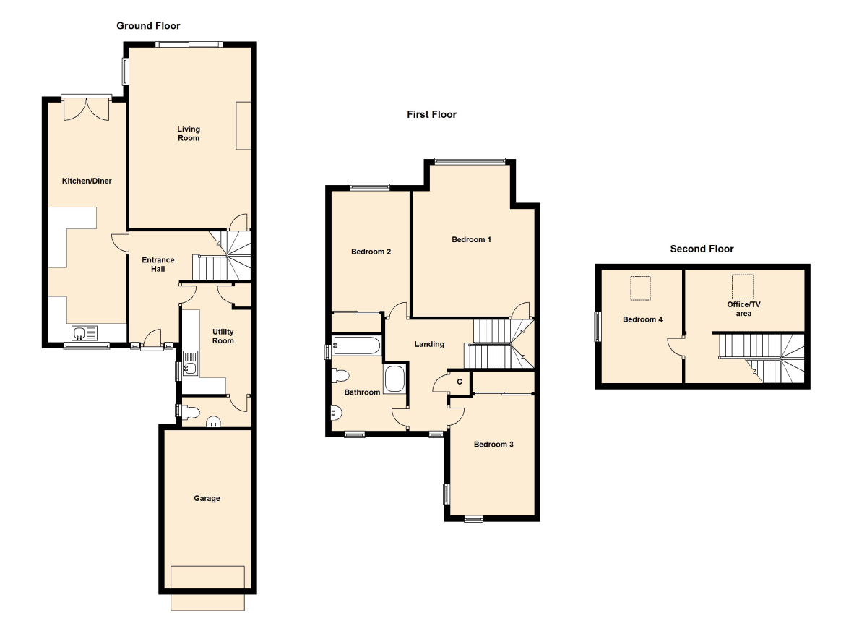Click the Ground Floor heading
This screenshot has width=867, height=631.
148,26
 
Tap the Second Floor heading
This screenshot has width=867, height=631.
702,249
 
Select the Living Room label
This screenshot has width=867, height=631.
189,134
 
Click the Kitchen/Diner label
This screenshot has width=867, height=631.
87,181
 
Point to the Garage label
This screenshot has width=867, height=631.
207,498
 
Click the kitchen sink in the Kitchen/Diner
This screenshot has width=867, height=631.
85,333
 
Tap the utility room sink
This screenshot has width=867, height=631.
190,363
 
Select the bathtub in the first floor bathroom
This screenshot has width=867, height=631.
356,345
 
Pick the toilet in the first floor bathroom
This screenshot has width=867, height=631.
340,376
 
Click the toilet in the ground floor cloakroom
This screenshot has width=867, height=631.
190,412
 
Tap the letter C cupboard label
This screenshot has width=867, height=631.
460,382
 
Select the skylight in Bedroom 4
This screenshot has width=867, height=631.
641,288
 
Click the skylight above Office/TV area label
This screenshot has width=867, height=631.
743,286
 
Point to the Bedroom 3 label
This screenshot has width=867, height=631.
493,445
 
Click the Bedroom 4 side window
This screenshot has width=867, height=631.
598,327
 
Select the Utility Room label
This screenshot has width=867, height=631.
223,336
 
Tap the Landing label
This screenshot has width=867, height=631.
429,344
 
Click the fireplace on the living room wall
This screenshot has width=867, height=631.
243,126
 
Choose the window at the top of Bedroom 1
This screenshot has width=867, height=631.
470,161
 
